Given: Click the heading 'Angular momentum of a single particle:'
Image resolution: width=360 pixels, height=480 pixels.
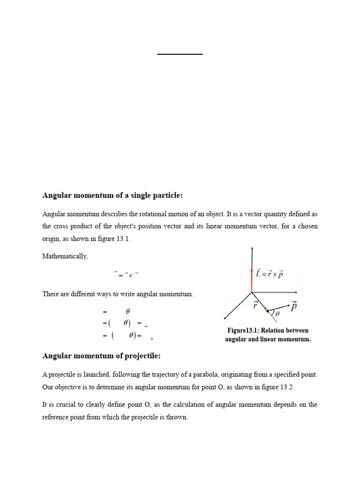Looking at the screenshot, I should (x=112, y=195).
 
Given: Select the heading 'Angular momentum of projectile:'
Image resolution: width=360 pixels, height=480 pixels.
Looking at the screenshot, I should (x=101, y=356).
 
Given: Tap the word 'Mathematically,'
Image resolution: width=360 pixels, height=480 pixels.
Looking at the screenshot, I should (x=65, y=256).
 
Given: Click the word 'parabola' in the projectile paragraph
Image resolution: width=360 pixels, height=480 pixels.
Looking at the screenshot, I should (x=214, y=375).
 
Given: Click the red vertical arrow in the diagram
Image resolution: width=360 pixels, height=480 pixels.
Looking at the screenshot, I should (x=252, y=280).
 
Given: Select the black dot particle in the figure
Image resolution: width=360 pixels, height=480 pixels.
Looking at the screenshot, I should (x=267, y=311).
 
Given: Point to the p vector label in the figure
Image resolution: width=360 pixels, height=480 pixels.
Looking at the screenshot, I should (x=293, y=306).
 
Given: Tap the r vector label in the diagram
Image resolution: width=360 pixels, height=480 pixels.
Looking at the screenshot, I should (x=255, y=305).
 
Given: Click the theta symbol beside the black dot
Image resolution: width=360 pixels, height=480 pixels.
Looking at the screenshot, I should (x=277, y=314).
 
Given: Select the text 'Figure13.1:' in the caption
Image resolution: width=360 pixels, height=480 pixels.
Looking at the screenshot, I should (x=244, y=330).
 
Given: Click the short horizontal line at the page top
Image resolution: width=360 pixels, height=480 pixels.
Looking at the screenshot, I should (x=180, y=54).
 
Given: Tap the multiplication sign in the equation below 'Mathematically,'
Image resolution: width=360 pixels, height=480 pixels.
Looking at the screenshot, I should (x=130, y=276).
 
